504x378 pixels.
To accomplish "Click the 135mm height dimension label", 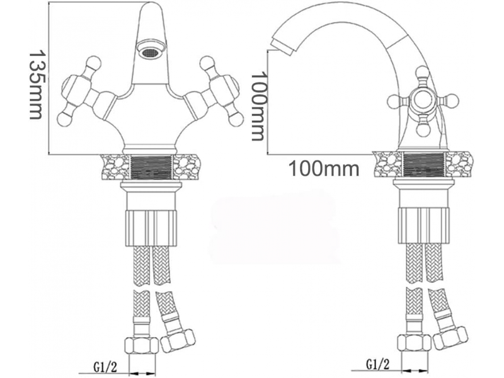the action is tap(36, 84).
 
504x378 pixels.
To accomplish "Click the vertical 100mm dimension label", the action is tap(259, 106).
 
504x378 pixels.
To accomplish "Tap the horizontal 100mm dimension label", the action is tap(324, 168).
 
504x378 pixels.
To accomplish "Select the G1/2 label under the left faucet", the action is tap(105, 367).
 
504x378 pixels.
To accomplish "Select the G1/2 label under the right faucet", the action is tap(377, 364).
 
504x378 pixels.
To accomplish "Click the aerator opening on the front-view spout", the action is tap(150, 52).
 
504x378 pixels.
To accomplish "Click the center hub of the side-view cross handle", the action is tap(421, 100).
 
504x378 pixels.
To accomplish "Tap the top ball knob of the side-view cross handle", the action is tap(421, 72).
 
